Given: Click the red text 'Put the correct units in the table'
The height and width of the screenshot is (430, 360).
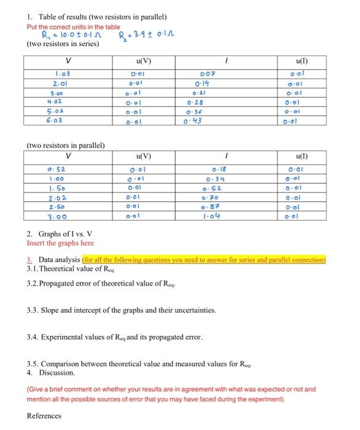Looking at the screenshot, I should [74, 26].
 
